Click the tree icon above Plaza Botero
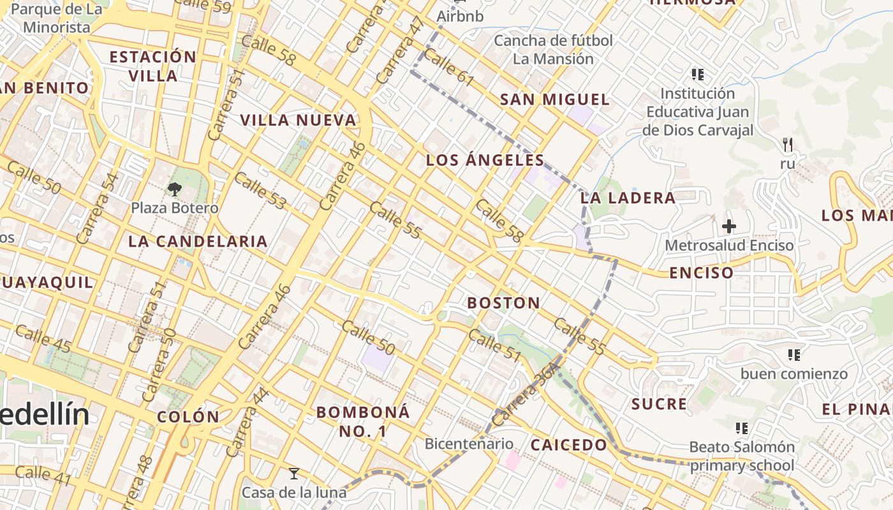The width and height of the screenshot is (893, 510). tap(174, 189)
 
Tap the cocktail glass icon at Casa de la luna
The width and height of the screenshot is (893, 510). tap(293, 473)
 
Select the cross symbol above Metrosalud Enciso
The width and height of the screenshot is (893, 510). tap(729, 226)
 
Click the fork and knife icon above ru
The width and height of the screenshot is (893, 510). tap(788, 145)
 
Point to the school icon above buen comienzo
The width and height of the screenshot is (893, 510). tap(794, 354)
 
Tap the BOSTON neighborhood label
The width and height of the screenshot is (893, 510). tap(503, 303)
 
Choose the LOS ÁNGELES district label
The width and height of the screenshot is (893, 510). tap(485, 160)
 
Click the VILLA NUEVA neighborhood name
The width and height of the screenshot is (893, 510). tap(298, 120)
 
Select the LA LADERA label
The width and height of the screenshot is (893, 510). tap(628, 198)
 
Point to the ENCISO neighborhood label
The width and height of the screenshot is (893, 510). tap(701, 273)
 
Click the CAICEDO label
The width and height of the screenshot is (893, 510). tap(569, 444)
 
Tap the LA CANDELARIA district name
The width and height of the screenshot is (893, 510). tap(198, 241)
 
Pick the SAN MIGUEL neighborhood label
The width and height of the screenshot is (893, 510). tap(554, 99)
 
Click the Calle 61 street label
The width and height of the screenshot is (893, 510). tap(448, 68)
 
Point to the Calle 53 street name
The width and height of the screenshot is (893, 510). tap(260, 190)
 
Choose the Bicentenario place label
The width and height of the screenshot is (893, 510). tap(469, 444)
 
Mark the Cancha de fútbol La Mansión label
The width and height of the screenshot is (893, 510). tap(553, 50)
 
